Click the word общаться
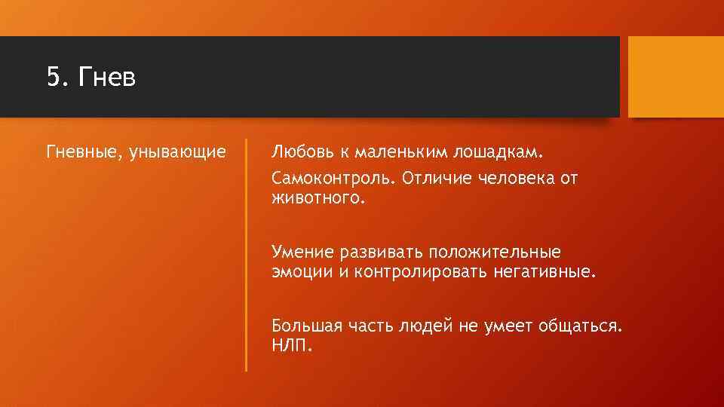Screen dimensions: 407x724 coord(580,326)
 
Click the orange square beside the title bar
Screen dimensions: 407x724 coord(676,78)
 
